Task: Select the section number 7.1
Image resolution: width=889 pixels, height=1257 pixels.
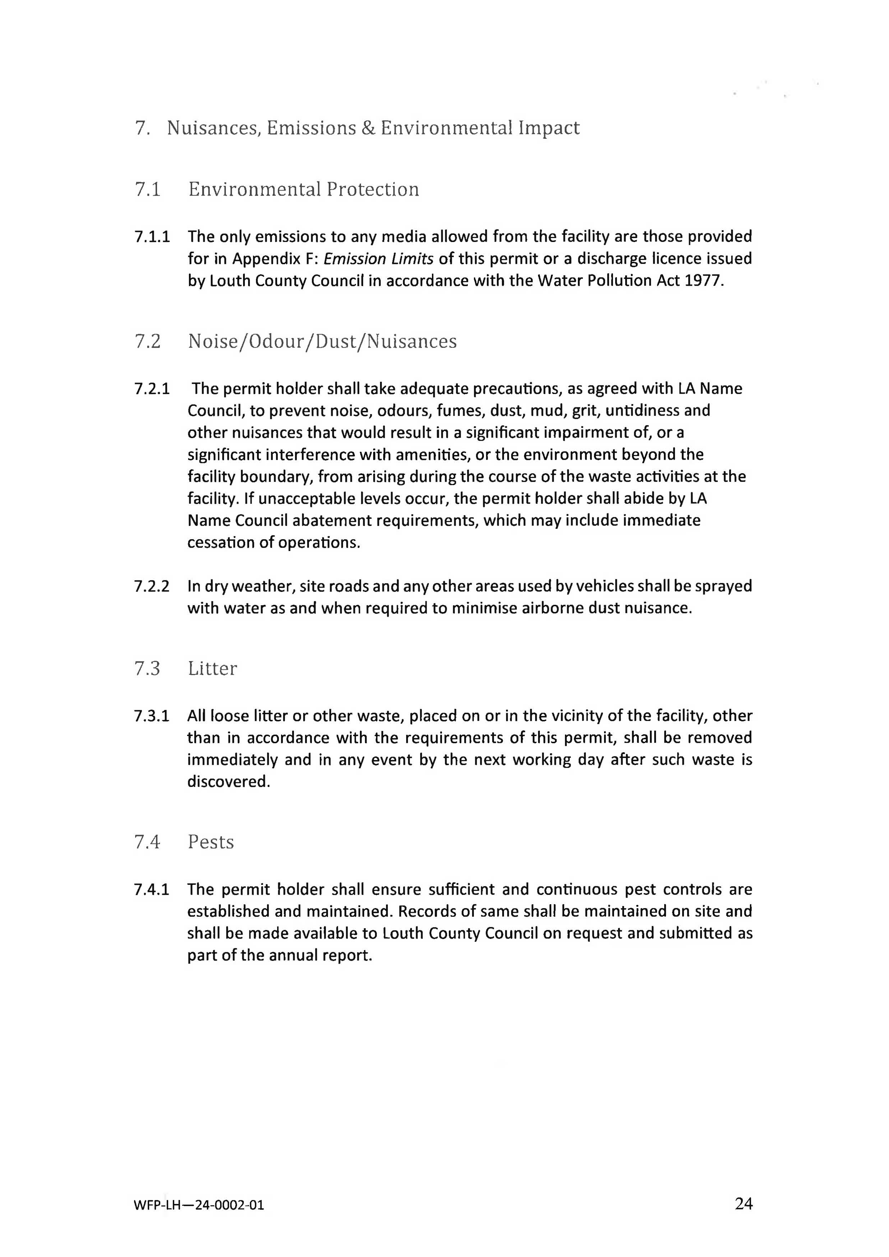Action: click(147, 189)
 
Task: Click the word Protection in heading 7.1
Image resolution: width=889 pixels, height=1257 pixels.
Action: click(373, 189)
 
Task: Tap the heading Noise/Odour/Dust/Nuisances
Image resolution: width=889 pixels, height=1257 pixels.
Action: click(322, 341)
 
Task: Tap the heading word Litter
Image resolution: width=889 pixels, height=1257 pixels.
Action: click(213, 668)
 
